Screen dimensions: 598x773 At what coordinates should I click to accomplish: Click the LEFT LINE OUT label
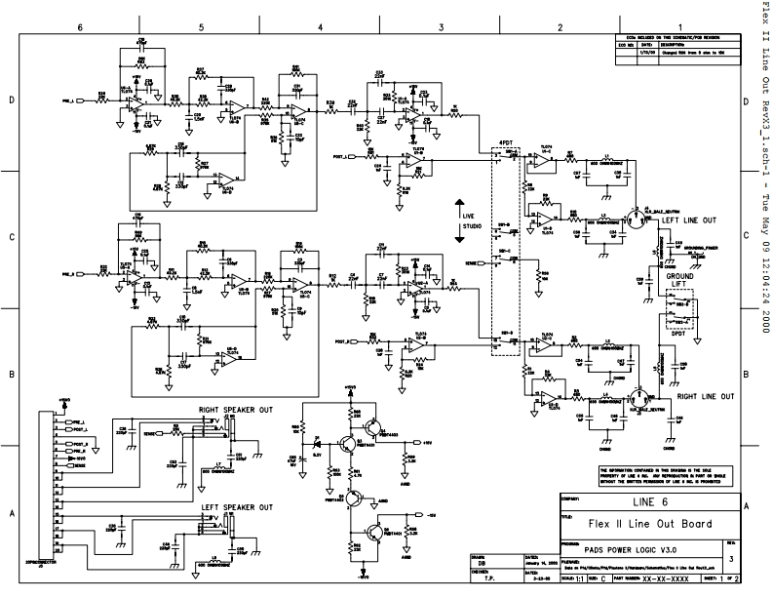point(689,221)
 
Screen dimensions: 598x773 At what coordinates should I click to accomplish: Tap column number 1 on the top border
point(679,27)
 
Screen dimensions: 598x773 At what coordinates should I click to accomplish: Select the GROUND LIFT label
point(679,281)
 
